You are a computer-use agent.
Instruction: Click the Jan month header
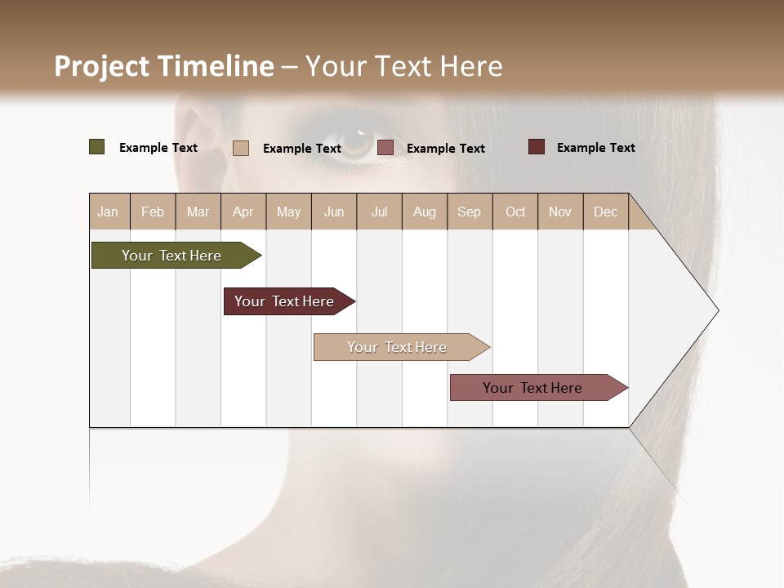[109, 212]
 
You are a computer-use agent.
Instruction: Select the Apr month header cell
[243, 212]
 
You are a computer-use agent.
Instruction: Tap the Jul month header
[379, 212]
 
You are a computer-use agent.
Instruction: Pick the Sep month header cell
[469, 212]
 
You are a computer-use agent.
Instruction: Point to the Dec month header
[605, 212]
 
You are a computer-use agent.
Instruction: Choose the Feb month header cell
[153, 212]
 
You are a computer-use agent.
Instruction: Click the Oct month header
[515, 212]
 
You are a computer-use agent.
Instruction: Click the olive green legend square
[97, 147]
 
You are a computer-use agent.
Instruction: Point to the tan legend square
[241, 148]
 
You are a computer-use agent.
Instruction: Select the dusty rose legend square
[385, 148]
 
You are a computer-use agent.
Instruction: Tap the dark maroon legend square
[537, 147]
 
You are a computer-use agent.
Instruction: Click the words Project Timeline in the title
[164, 66]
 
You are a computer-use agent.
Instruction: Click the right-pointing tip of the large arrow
[716, 310]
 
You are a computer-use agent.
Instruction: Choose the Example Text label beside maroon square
[595, 148]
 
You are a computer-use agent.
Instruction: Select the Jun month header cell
[334, 212]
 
